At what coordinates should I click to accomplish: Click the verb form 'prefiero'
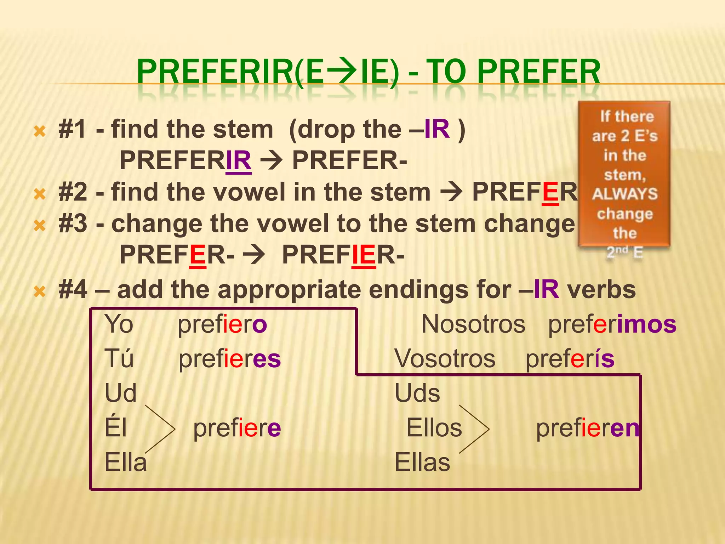click(x=222, y=324)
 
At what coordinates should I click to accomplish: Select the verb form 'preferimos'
click(x=612, y=324)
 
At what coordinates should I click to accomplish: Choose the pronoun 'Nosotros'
click(x=473, y=324)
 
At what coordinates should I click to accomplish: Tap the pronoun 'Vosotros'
click(x=445, y=358)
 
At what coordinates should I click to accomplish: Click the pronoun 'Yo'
click(x=119, y=324)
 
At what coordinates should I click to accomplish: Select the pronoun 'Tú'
click(x=119, y=358)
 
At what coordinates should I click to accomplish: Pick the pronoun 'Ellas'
click(x=422, y=463)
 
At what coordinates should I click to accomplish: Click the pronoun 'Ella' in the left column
click(x=126, y=463)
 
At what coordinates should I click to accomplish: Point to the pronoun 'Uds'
click(x=417, y=393)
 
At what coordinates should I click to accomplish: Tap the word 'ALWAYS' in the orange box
click(x=625, y=194)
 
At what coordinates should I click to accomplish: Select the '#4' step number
click(x=73, y=290)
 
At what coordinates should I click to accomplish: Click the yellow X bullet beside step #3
click(x=40, y=225)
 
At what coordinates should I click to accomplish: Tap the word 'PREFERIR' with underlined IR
click(x=185, y=160)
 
